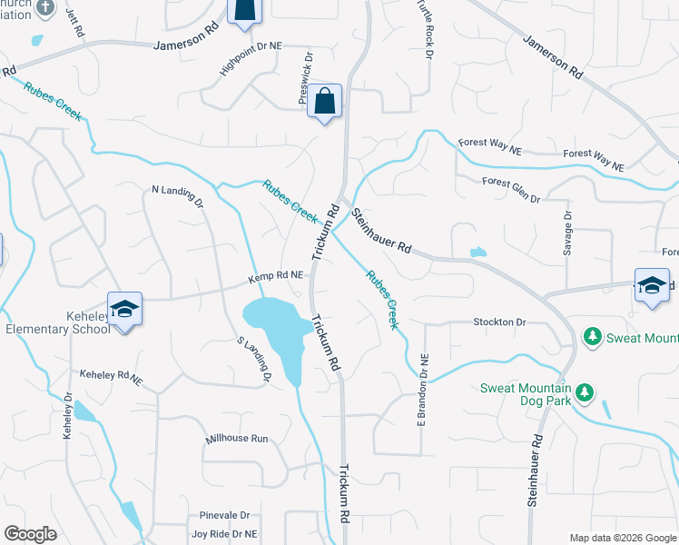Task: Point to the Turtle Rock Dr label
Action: pos(424,28)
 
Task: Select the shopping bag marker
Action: pos(325,102)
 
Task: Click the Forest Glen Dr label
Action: pos(511,189)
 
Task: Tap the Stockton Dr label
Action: pos(499,322)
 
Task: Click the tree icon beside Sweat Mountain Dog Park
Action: pos(586,391)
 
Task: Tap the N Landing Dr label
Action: pos(177,195)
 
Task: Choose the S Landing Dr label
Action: pos(254,361)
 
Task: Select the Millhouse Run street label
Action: pos(237,438)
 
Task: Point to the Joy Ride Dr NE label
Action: pos(224,534)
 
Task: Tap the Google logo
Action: pos(30,534)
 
